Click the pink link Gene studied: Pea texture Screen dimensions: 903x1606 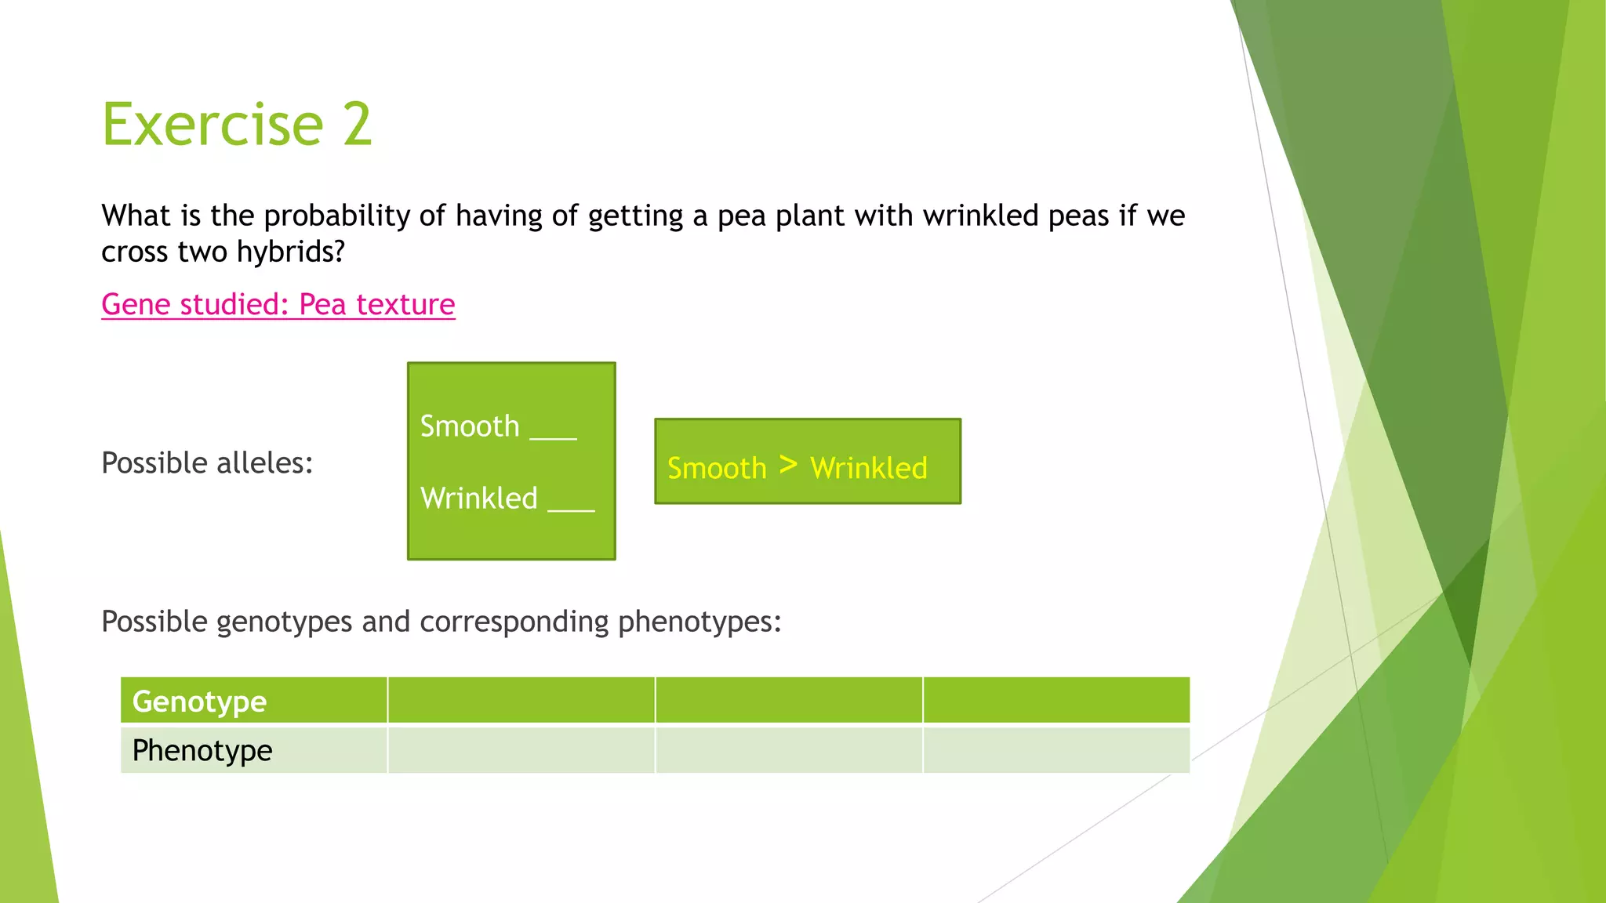278,304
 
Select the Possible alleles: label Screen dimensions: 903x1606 207,462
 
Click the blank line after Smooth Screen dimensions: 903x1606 554,436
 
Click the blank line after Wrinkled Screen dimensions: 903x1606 571,507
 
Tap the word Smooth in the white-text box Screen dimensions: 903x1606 470,426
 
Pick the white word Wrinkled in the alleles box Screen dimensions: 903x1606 479,499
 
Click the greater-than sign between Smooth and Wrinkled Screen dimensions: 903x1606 788,465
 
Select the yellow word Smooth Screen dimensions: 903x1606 717,468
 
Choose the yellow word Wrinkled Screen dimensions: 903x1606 869,468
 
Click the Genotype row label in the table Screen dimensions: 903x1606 199,701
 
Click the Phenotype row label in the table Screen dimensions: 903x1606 202,750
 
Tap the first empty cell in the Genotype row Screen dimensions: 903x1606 521,700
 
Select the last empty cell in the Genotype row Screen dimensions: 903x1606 1056,700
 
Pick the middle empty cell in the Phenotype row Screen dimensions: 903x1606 789,750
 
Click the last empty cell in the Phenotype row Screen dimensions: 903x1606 1056,750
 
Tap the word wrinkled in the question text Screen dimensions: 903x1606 980,216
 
